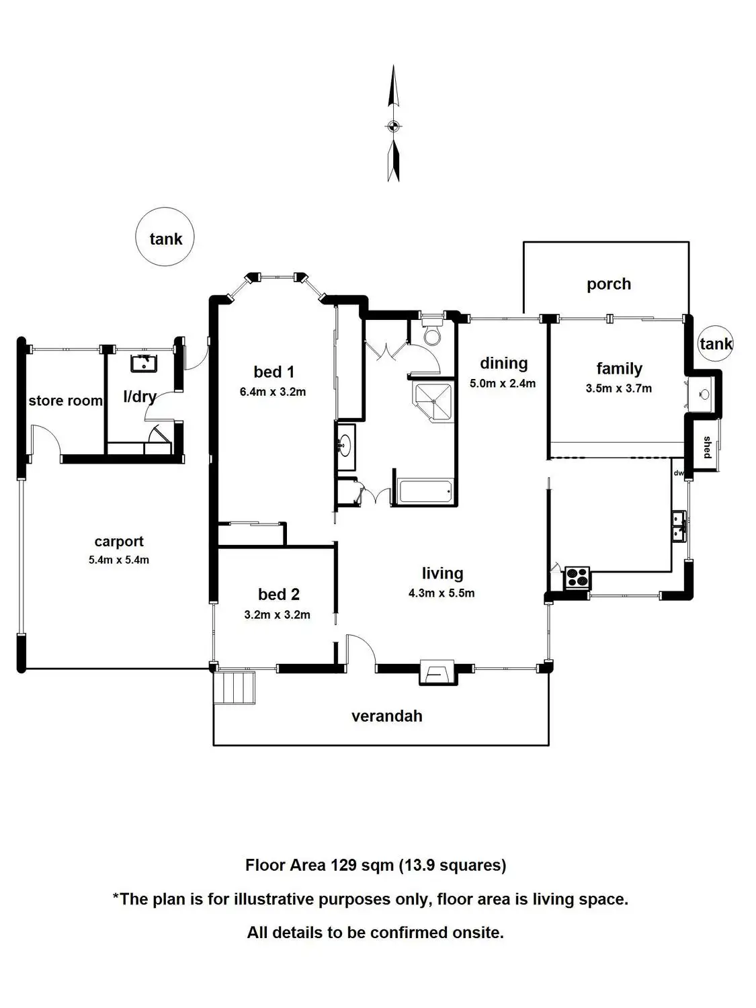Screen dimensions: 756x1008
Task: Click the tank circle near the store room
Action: [x=165, y=237]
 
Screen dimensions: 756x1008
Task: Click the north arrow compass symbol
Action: [x=394, y=124]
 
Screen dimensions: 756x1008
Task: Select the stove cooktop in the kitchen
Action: [x=577, y=577]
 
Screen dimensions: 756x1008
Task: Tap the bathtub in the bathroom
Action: [x=425, y=492]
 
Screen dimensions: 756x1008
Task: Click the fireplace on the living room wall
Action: [x=436, y=671]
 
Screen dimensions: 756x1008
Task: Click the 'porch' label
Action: [x=609, y=284]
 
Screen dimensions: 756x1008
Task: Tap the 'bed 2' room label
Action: [x=278, y=594]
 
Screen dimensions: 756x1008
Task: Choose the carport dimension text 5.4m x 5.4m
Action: [x=119, y=560]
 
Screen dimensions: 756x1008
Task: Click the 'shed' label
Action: [x=707, y=448]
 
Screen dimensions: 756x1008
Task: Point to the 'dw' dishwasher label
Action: [x=678, y=472]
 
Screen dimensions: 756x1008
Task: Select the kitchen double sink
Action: [x=679, y=525]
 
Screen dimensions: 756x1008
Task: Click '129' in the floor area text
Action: [x=343, y=865]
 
